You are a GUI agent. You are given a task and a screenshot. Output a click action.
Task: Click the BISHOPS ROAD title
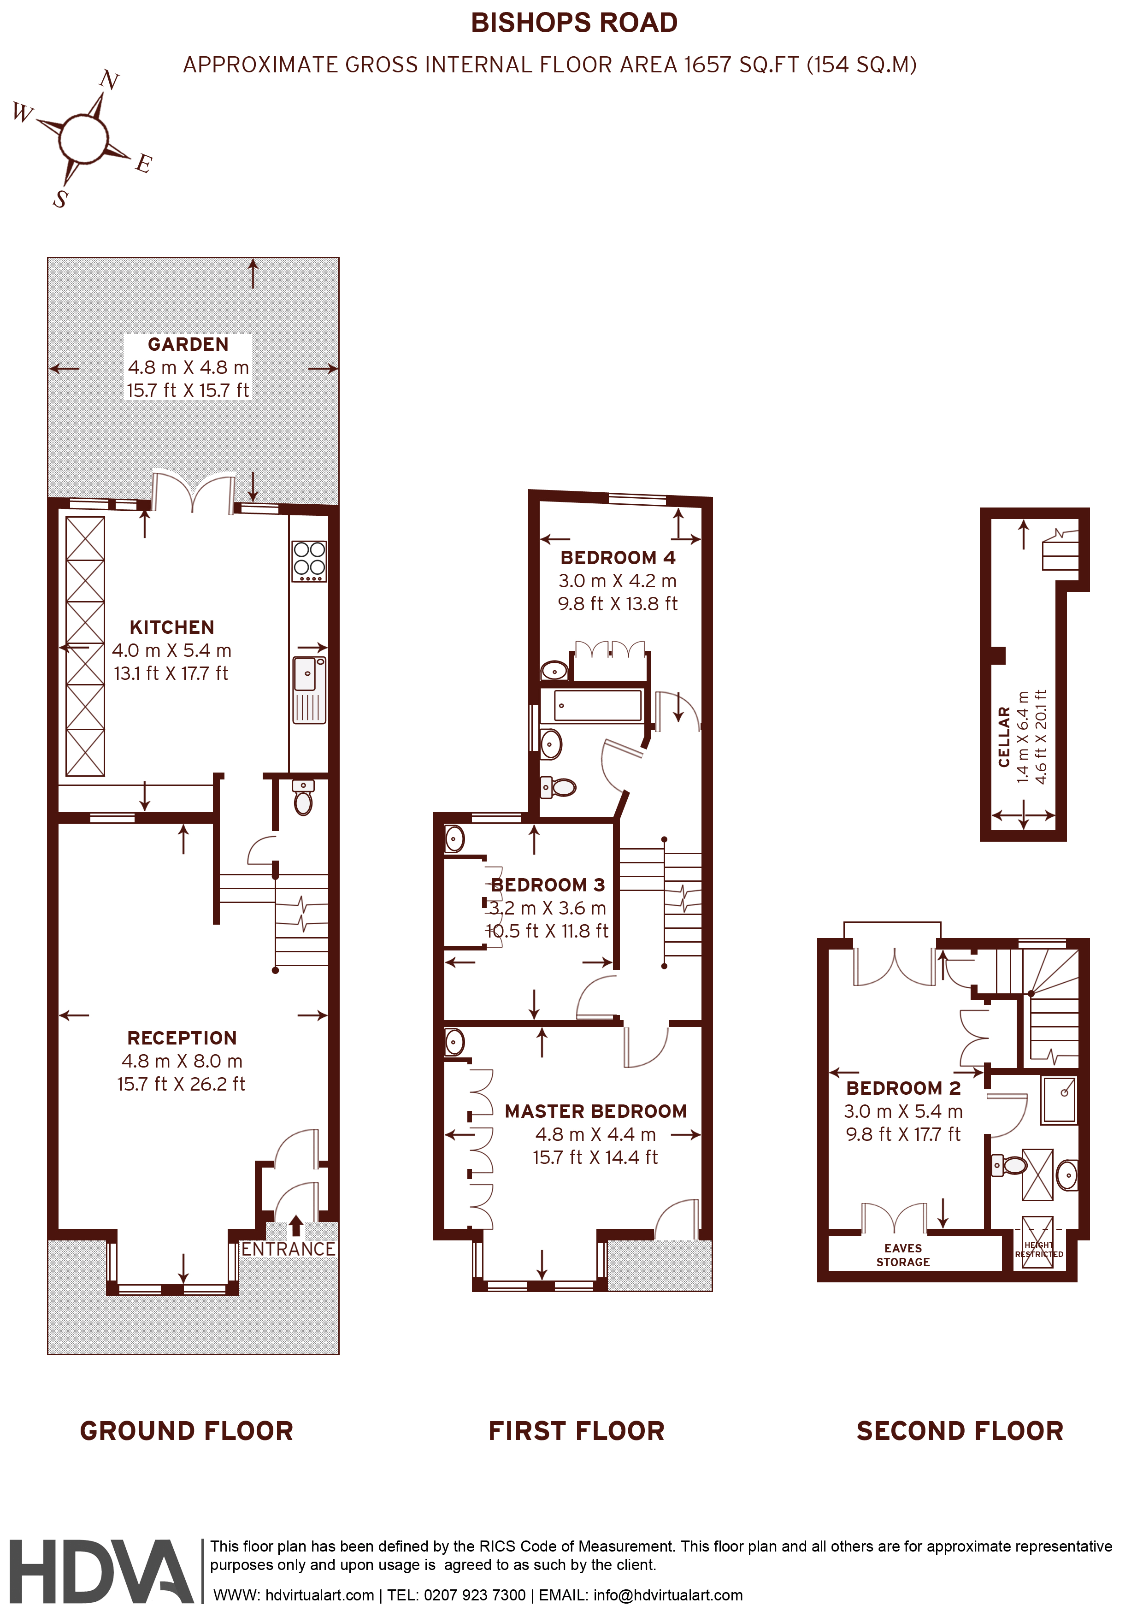pyautogui.click(x=574, y=23)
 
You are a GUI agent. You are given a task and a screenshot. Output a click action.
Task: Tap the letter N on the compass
pyautogui.click(x=109, y=80)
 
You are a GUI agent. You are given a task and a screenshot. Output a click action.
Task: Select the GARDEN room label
pyautogui.click(x=188, y=344)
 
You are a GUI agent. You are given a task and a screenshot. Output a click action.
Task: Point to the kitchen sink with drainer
pyautogui.click(x=309, y=690)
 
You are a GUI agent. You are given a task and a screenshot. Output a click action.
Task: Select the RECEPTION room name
pyautogui.click(x=182, y=1038)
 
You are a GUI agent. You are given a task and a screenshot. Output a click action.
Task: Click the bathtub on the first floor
pyautogui.click(x=598, y=705)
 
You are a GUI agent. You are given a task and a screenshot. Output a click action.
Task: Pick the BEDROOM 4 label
pyautogui.click(x=618, y=558)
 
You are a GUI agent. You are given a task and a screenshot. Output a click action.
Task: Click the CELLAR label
pyautogui.click(x=1004, y=737)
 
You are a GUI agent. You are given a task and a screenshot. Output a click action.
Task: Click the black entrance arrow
pyautogui.click(x=296, y=1226)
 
